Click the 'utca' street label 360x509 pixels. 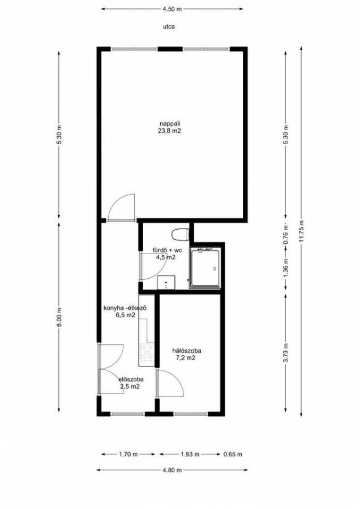169,27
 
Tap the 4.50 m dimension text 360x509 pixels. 172,9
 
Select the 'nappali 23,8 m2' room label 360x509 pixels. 169,127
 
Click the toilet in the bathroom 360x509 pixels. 180,234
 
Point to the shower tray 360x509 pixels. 205,268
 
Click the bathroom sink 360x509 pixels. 166,282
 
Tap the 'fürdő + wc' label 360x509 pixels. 168,251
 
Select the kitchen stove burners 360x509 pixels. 146,352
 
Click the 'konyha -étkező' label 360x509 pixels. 125,308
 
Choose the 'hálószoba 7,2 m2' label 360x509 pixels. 186,354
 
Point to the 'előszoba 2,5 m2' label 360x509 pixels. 131,383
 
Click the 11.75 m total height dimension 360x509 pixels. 301,231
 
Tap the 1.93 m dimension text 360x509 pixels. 190,454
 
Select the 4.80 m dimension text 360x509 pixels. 172,470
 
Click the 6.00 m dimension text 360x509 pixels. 59,317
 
